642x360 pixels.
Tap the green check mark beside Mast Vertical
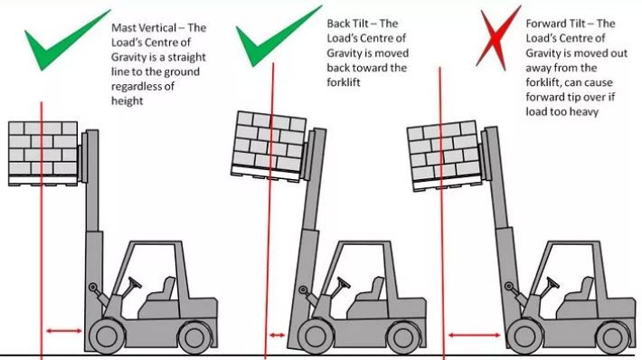59,43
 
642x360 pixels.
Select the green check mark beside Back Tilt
272,41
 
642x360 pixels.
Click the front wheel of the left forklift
101,336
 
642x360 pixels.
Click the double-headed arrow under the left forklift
62,331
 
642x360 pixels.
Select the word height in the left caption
126,102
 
